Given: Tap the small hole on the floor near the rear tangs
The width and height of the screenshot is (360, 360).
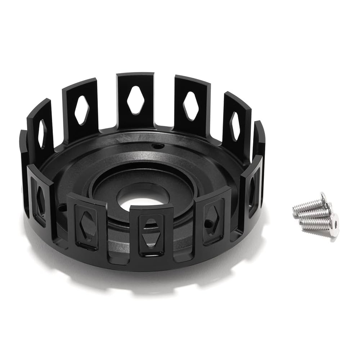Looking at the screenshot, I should point(157,146).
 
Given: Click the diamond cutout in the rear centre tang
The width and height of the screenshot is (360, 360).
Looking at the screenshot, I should point(135,100).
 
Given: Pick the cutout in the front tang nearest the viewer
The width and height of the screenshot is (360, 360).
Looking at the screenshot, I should point(151,234).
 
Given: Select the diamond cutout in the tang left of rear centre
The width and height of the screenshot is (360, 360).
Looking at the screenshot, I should point(82,110).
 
